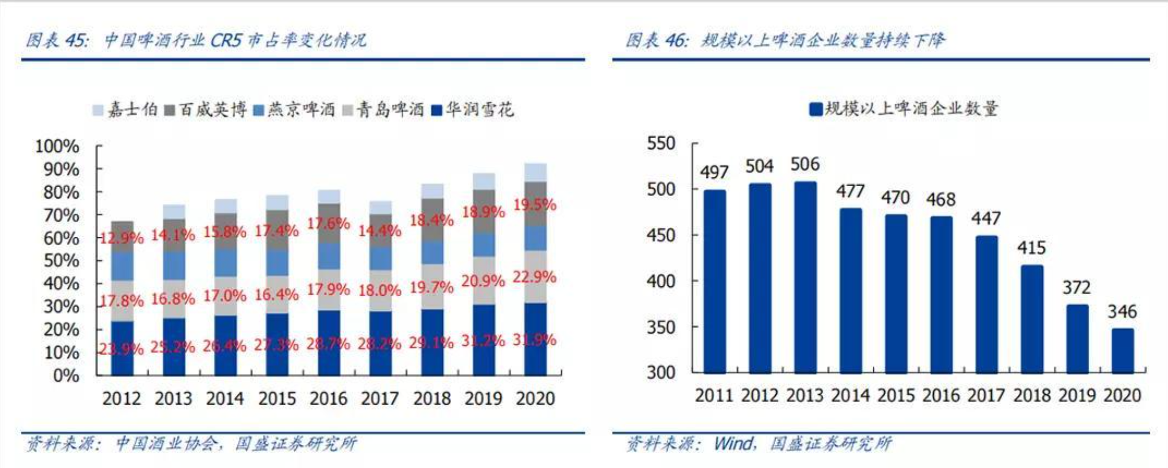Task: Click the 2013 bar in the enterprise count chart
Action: [805, 277]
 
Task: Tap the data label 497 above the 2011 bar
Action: [714, 173]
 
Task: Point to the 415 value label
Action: [1031, 248]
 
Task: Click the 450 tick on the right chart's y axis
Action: [661, 235]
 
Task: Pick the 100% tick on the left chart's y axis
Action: [57, 146]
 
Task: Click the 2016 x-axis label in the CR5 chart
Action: [328, 398]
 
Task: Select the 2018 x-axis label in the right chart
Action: [1031, 395]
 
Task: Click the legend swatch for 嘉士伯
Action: [98, 110]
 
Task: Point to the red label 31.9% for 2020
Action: [534, 339]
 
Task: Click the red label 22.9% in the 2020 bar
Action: [534, 276]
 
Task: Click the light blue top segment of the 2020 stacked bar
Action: [535, 172]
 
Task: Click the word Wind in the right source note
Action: [733, 443]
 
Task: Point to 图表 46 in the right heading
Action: [656, 40]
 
